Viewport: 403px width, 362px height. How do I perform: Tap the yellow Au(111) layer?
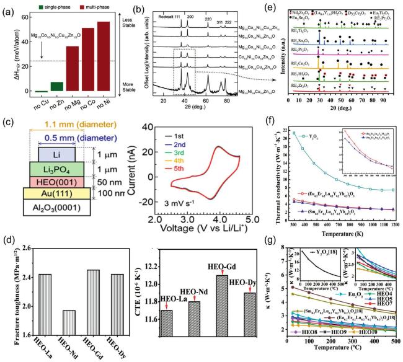57,194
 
